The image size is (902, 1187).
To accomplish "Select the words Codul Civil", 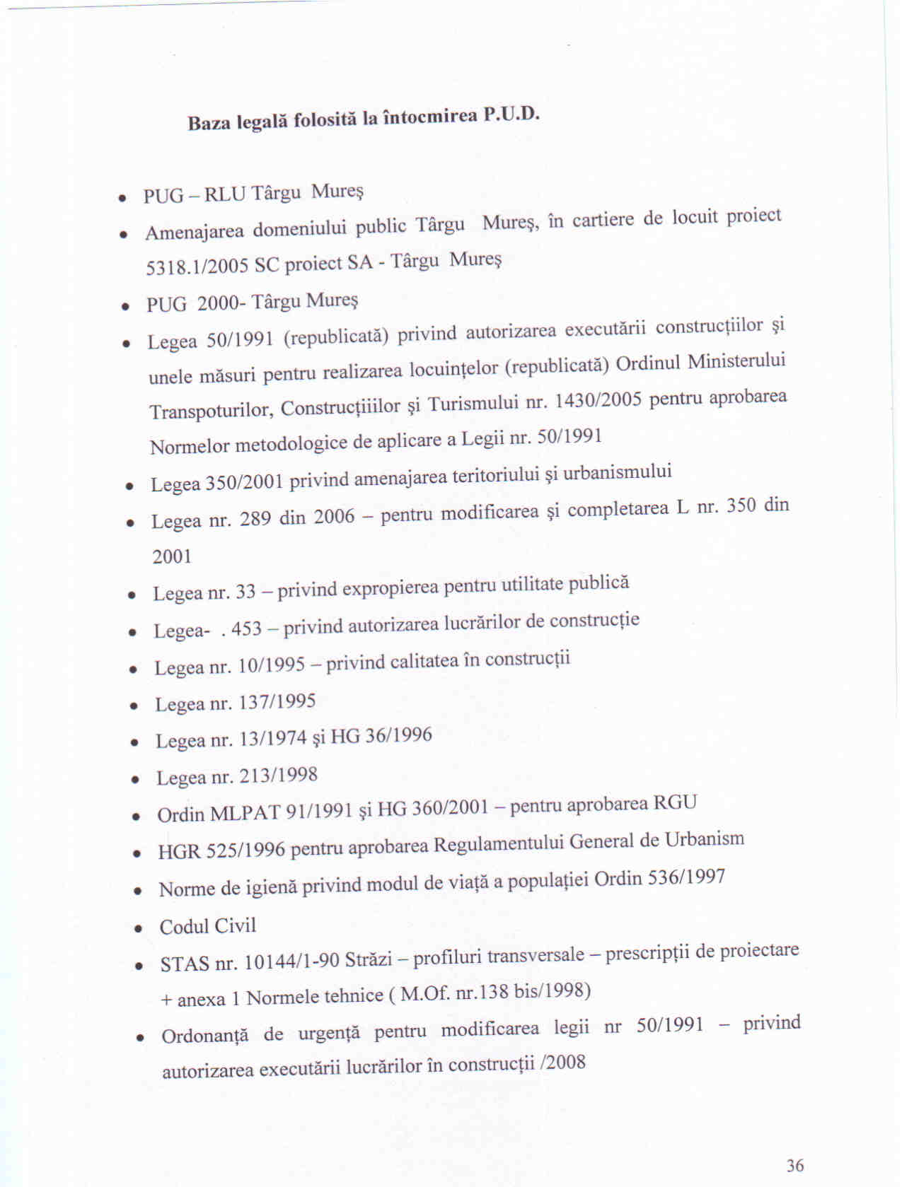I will [x=207, y=926].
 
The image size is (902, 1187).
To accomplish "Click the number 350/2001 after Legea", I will [x=244, y=482].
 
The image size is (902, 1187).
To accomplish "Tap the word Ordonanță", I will [x=204, y=1036].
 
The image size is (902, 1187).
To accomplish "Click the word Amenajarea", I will [x=195, y=232].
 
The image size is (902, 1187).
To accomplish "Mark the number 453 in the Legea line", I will [x=246, y=628].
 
